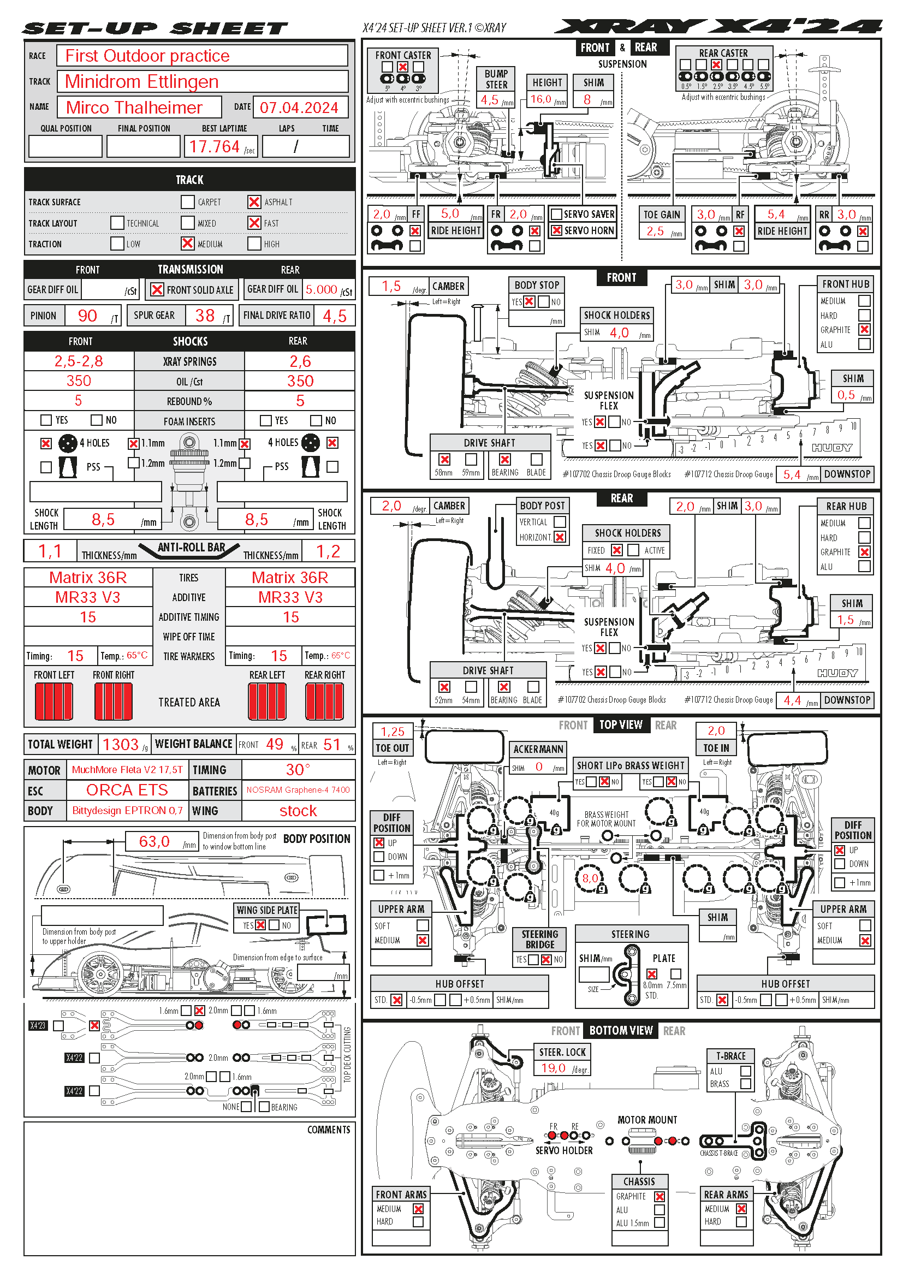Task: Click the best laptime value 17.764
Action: (214, 147)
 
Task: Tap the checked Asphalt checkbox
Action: (254, 202)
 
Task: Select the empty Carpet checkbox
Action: (188, 202)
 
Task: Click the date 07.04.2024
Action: (299, 108)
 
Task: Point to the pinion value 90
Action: (87, 316)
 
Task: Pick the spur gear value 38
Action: (205, 316)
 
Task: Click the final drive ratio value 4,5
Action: (335, 316)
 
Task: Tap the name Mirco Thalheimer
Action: (134, 108)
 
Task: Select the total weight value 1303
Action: (121, 744)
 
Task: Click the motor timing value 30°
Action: (298, 770)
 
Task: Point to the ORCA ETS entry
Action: (127, 790)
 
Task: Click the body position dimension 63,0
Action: (154, 841)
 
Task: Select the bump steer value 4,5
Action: (490, 100)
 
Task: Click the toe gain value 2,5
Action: (656, 231)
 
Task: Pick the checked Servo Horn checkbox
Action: (556, 231)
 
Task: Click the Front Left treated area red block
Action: (54, 702)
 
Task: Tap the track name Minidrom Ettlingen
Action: (142, 82)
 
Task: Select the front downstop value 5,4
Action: (792, 474)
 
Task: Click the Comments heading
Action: (329, 1130)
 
